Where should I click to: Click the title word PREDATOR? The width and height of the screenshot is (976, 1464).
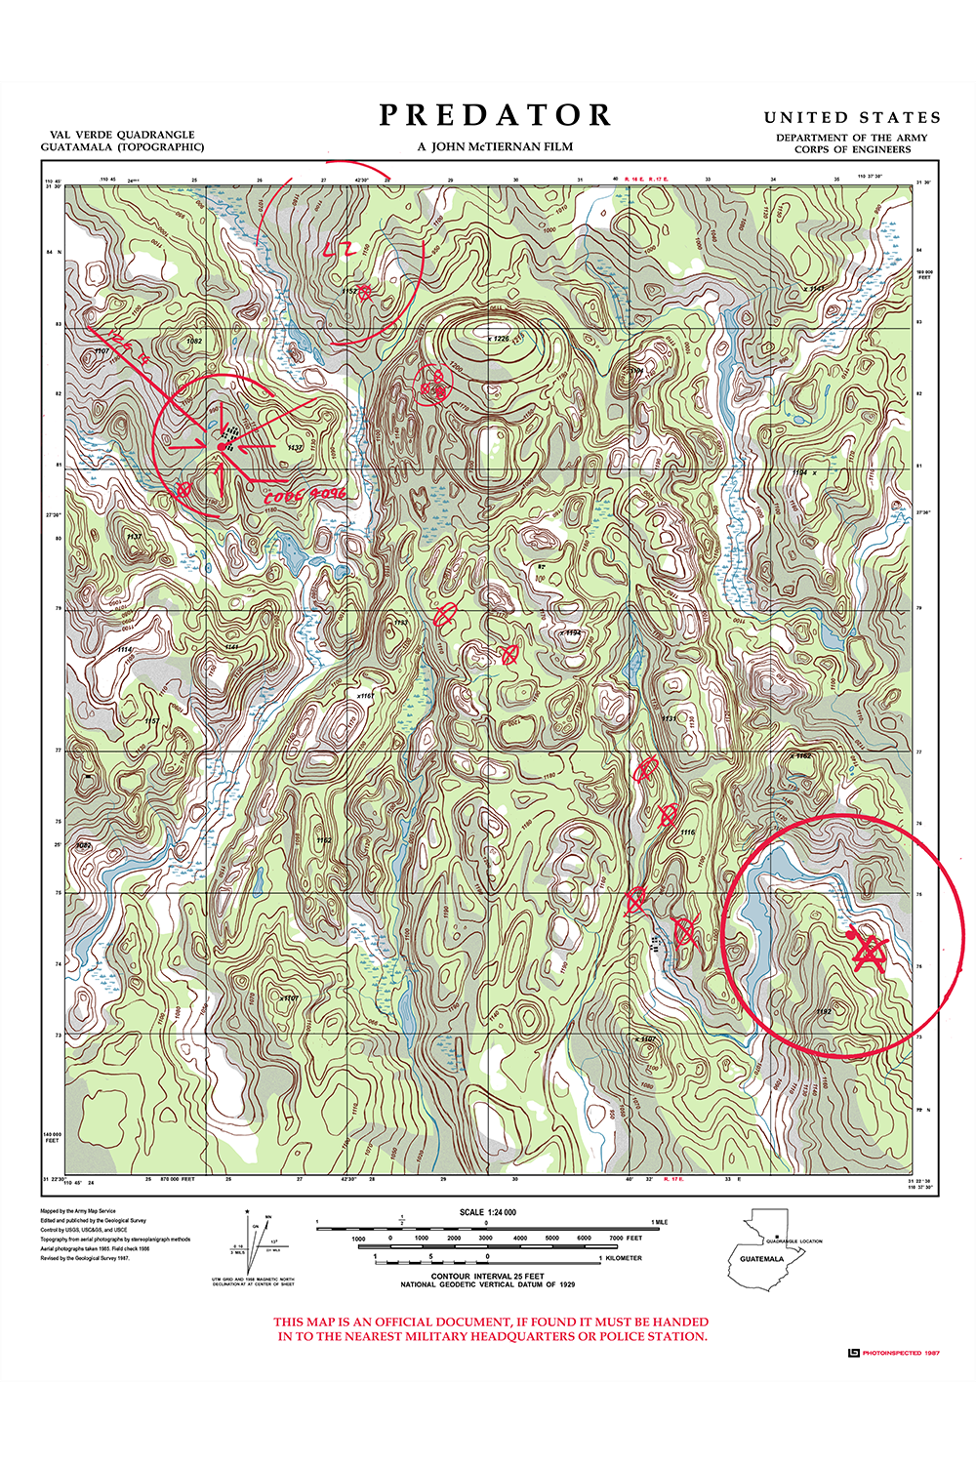click(495, 116)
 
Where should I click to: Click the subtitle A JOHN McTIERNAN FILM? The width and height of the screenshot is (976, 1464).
click(495, 147)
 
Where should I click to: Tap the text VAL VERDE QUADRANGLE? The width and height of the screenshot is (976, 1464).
click(122, 135)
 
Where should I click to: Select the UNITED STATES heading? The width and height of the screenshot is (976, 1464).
click(852, 117)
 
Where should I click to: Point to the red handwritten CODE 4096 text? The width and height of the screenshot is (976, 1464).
click(304, 496)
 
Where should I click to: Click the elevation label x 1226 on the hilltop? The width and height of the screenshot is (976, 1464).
click(498, 339)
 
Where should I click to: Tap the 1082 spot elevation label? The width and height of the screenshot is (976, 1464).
click(193, 341)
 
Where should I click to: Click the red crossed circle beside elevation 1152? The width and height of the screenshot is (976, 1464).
click(365, 291)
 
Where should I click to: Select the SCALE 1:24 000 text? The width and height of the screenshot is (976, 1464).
click(488, 1212)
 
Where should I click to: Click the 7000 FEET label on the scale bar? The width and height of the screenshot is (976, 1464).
click(625, 1238)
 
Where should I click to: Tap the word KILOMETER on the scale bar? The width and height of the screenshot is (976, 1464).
click(624, 1258)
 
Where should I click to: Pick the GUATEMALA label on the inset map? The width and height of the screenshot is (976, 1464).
click(761, 1259)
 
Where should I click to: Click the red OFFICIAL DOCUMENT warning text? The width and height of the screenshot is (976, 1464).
click(491, 1329)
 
